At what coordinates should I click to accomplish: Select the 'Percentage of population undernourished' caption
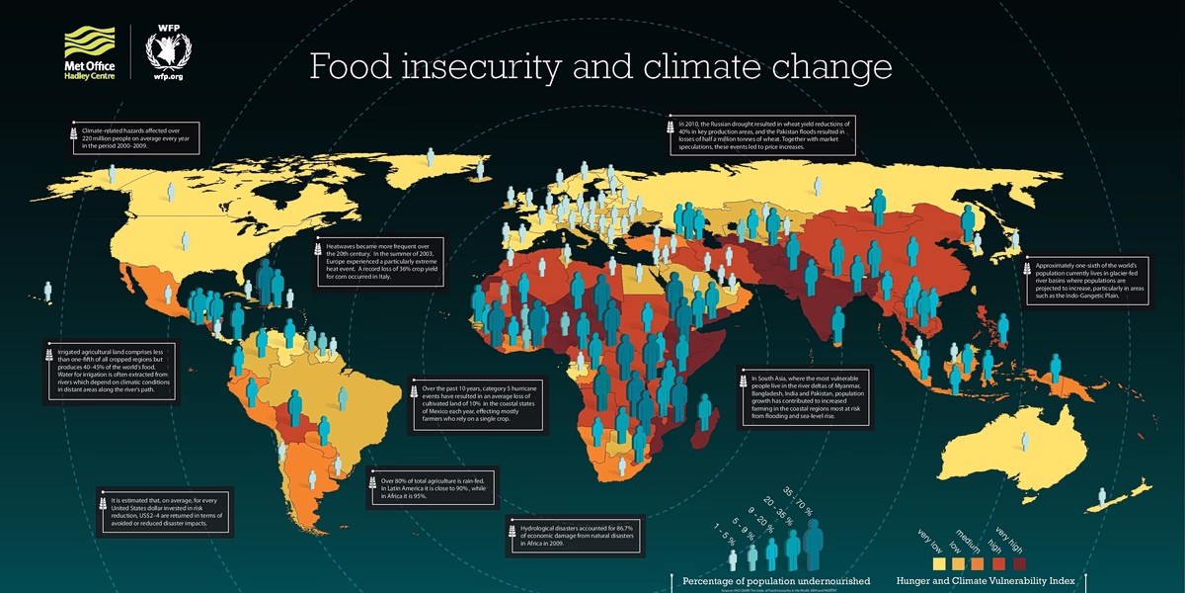(770, 580)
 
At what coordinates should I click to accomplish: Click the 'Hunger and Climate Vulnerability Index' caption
(987, 580)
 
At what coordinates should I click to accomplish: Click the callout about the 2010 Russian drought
(759, 133)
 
